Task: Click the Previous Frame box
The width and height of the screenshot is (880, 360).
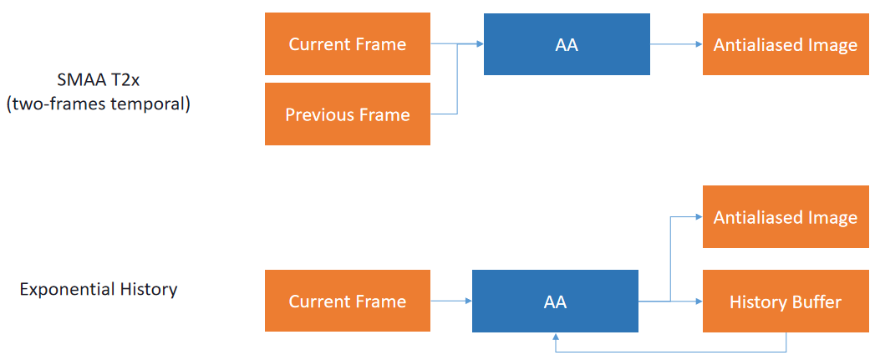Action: pyautogui.click(x=348, y=114)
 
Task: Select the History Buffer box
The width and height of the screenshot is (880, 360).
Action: pyautogui.click(x=786, y=302)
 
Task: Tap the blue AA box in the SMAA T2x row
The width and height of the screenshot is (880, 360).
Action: pyautogui.click(x=567, y=44)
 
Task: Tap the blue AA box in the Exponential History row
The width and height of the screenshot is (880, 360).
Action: pyautogui.click(x=555, y=302)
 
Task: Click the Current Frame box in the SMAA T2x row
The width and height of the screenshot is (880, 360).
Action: pyautogui.click(x=348, y=43)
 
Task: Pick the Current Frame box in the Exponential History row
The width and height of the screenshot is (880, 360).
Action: pyautogui.click(x=348, y=301)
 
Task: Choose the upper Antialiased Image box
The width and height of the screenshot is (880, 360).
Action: pyautogui.click(x=786, y=44)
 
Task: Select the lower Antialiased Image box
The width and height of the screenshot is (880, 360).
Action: pyautogui.click(x=786, y=217)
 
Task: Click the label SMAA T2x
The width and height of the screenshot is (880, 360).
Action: pyautogui.click(x=99, y=80)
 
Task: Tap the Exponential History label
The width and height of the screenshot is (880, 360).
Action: pyautogui.click(x=99, y=289)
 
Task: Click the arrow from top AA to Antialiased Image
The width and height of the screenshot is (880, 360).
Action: pyautogui.click(x=676, y=44)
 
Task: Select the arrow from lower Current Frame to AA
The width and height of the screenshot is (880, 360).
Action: pyautogui.click(x=451, y=302)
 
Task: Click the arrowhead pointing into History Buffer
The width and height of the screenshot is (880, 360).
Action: pyautogui.click(x=699, y=302)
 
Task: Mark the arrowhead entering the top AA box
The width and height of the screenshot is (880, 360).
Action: pyautogui.click(x=480, y=43)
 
